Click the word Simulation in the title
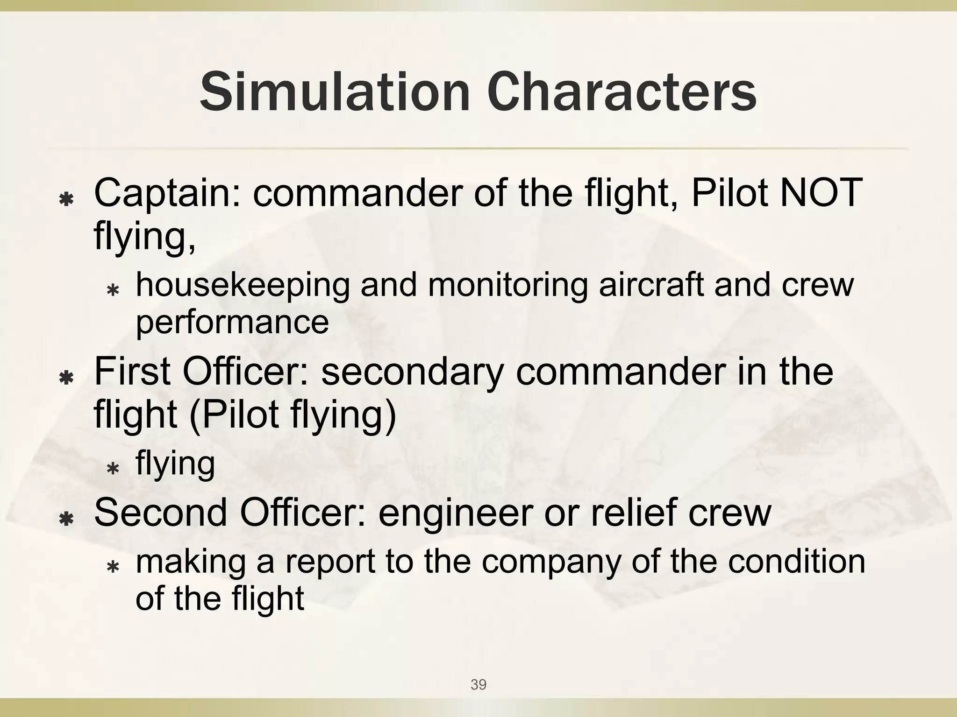pos(335,92)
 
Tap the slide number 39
pos(478,684)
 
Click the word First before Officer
pos(132,372)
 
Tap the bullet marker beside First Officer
pos(67,378)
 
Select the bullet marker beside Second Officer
pos(67,519)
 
